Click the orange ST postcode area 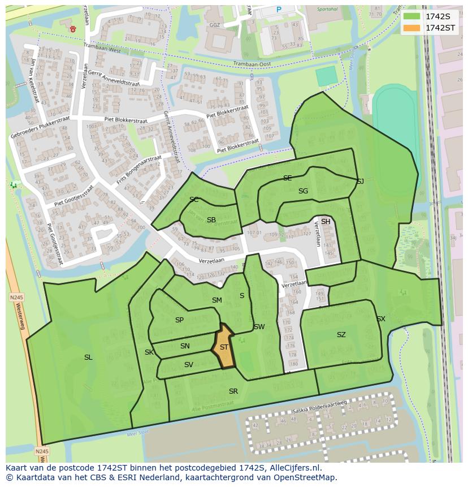(224, 347)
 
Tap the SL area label (88, 357)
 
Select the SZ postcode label (341, 335)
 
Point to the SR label (233, 391)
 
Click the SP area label (179, 320)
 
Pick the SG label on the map (303, 191)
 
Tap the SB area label (211, 220)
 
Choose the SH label (326, 222)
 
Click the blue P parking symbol (279, 10)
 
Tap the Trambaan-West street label (102, 50)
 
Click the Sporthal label (327, 10)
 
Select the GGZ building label (215, 25)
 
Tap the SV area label (189, 365)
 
